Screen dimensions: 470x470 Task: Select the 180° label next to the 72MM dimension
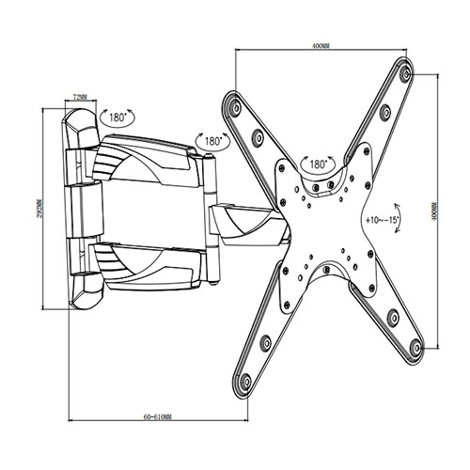point(119,118)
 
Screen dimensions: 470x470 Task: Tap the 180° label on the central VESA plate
point(313,164)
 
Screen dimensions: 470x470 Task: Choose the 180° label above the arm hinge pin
point(212,140)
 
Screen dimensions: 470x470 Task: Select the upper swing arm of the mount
point(150,160)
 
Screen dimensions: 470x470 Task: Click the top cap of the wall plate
point(81,128)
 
